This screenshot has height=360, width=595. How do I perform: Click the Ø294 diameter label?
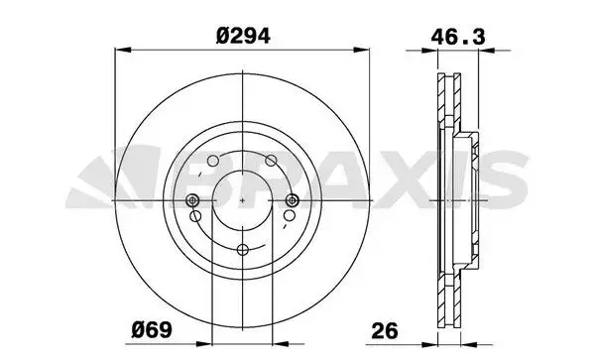pos(243,37)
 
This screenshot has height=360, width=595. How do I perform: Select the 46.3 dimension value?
pos(457,37)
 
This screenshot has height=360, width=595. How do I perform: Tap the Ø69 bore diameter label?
pos(152,330)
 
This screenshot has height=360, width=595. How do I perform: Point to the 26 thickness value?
pos(385,330)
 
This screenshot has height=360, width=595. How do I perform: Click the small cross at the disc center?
pos(243,200)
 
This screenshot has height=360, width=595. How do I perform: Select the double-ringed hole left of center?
pos(192,200)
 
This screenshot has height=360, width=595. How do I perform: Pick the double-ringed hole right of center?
pos(292,200)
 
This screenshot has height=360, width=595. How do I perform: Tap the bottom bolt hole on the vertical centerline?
pos(243,249)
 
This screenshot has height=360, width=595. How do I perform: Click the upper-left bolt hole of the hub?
pos(213,161)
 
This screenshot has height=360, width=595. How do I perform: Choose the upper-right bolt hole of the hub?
pos(271,161)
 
